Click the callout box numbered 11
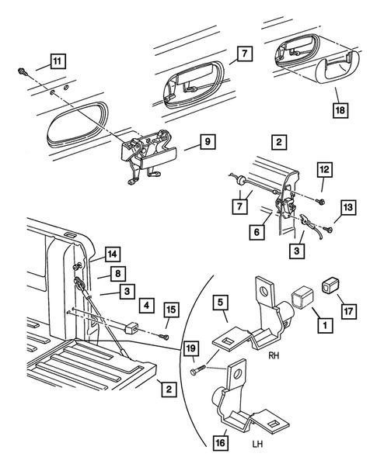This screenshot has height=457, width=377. click(58, 61)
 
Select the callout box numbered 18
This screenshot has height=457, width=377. click(340, 110)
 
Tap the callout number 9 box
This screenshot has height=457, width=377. click(208, 142)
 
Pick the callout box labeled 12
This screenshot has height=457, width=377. click(324, 169)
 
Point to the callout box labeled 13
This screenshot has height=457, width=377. click(348, 207)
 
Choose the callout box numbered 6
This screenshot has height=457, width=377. click(257, 232)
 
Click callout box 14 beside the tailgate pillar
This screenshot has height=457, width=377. click(113, 254)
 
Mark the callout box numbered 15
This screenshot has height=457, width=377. click(172, 310)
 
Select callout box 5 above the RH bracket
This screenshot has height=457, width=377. click(221, 303)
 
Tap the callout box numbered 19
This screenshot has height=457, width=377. click(191, 348)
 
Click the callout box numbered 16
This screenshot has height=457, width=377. click(221, 443)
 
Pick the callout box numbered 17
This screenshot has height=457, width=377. click(349, 311)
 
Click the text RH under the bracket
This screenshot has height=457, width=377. click(274, 355)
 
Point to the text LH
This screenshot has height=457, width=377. click(257, 444)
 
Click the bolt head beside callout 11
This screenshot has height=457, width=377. click(23, 71)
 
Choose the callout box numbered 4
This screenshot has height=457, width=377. click(146, 305)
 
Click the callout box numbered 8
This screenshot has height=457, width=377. click(117, 274)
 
